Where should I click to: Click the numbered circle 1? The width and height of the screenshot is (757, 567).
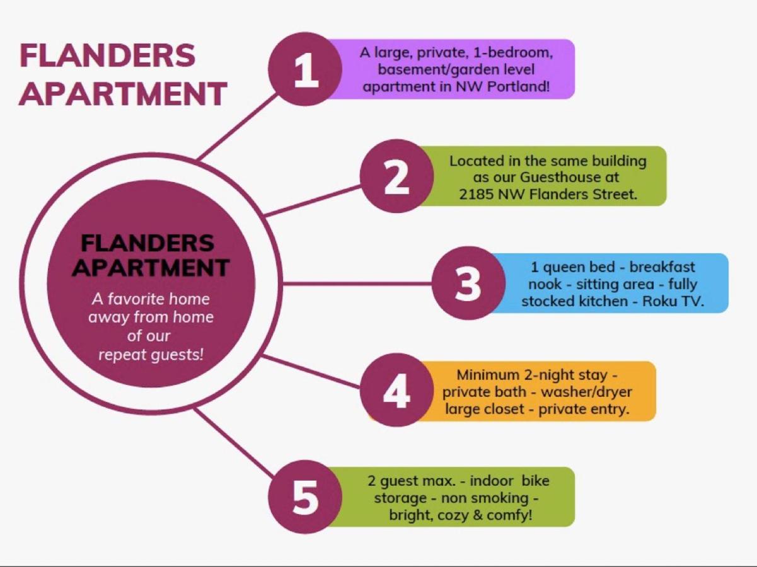305,69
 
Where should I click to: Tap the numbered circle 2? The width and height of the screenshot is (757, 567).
396,176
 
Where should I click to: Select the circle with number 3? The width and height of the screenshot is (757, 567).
469,283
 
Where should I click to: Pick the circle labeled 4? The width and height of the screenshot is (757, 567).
396,390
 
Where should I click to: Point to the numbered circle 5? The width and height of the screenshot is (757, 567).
305,497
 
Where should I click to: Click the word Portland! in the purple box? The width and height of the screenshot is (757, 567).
518,86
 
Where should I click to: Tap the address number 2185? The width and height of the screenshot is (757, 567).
476,195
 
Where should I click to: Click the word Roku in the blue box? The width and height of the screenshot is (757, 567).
659,301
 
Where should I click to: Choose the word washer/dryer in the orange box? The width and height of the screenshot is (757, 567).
586,392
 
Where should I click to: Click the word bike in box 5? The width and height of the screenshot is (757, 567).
535,481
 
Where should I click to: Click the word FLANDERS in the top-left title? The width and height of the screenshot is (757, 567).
107,55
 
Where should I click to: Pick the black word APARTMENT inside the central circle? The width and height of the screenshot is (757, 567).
151,267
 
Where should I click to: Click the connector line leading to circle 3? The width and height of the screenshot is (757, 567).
357,283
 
